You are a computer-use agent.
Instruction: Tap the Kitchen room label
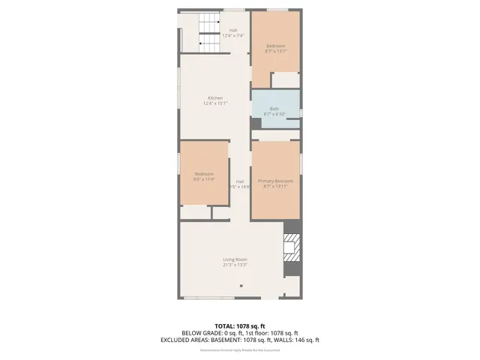[x=215, y=98]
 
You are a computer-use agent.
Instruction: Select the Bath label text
[x=274, y=109]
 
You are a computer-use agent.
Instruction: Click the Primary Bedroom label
[x=275, y=181]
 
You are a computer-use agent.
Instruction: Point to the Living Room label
[x=235, y=259]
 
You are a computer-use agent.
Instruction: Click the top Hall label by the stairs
[x=233, y=30]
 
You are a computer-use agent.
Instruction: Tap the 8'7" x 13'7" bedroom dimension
[x=275, y=52]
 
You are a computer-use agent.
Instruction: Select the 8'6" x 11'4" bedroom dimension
[x=204, y=179]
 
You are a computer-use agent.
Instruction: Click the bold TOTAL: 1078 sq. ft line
[x=240, y=326]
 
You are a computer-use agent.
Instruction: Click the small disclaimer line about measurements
[x=240, y=349]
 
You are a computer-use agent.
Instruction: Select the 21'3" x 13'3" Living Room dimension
[x=235, y=265]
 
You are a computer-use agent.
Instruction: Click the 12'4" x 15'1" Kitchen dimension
[x=215, y=103]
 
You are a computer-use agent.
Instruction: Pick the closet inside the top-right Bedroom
[x=286, y=80]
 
